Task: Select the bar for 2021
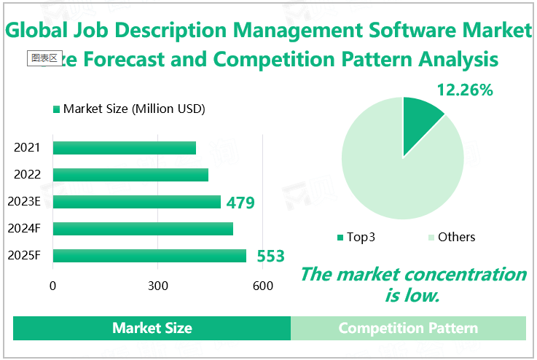point(125,148)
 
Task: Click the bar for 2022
point(130,175)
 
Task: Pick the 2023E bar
point(137,202)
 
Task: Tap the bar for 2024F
point(143,229)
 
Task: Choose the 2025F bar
point(149,256)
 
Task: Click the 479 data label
point(240,203)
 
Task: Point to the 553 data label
point(270,257)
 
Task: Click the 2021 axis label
point(27,148)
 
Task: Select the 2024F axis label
point(24,229)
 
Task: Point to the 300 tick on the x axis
point(158,286)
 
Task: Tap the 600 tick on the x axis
point(262,286)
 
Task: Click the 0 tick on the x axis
point(53,286)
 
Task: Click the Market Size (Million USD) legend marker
point(56,109)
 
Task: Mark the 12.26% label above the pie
point(465,90)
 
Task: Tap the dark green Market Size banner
point(152,328)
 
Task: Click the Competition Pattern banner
point(408,328)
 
